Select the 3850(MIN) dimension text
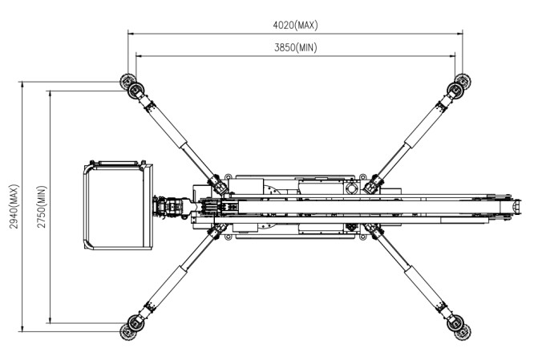click(295, 47)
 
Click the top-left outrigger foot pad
click(128, 82)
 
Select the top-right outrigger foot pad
click(460, 83)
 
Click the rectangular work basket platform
click(119, 206)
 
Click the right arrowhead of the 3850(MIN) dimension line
click(452, 55)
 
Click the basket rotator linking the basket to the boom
click(171, 206)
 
